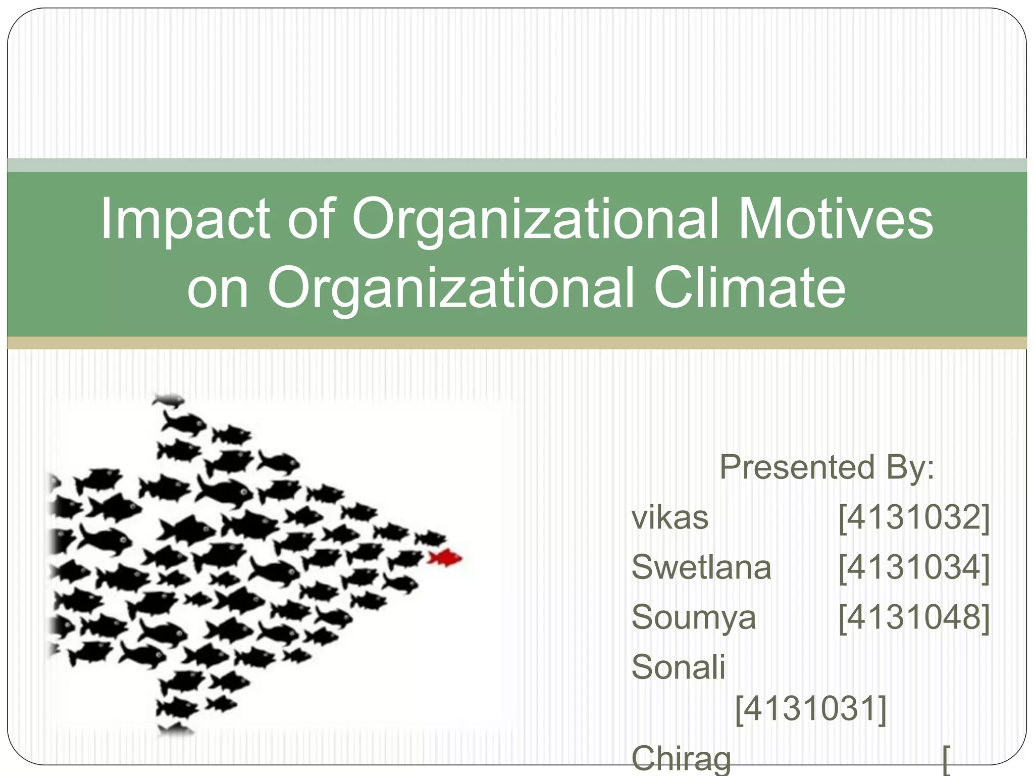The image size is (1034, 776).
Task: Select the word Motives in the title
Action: [x=835, y=219]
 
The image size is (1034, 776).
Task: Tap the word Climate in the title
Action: [x=749, y=288]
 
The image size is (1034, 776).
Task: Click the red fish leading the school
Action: [x=445, y=558]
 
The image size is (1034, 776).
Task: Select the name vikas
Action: [x=670, y=518]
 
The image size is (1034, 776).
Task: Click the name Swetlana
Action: [x=701, y=567]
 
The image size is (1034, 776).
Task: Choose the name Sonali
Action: [x=678, y=667]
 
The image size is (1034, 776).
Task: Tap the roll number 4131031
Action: [x=811, y=708]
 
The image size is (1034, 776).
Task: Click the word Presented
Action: [x=797, y=467]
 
